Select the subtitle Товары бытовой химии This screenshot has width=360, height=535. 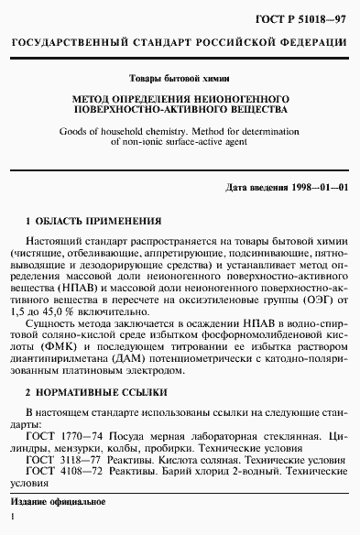tap(180, 79)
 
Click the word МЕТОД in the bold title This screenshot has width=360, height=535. tap(94, 98)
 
